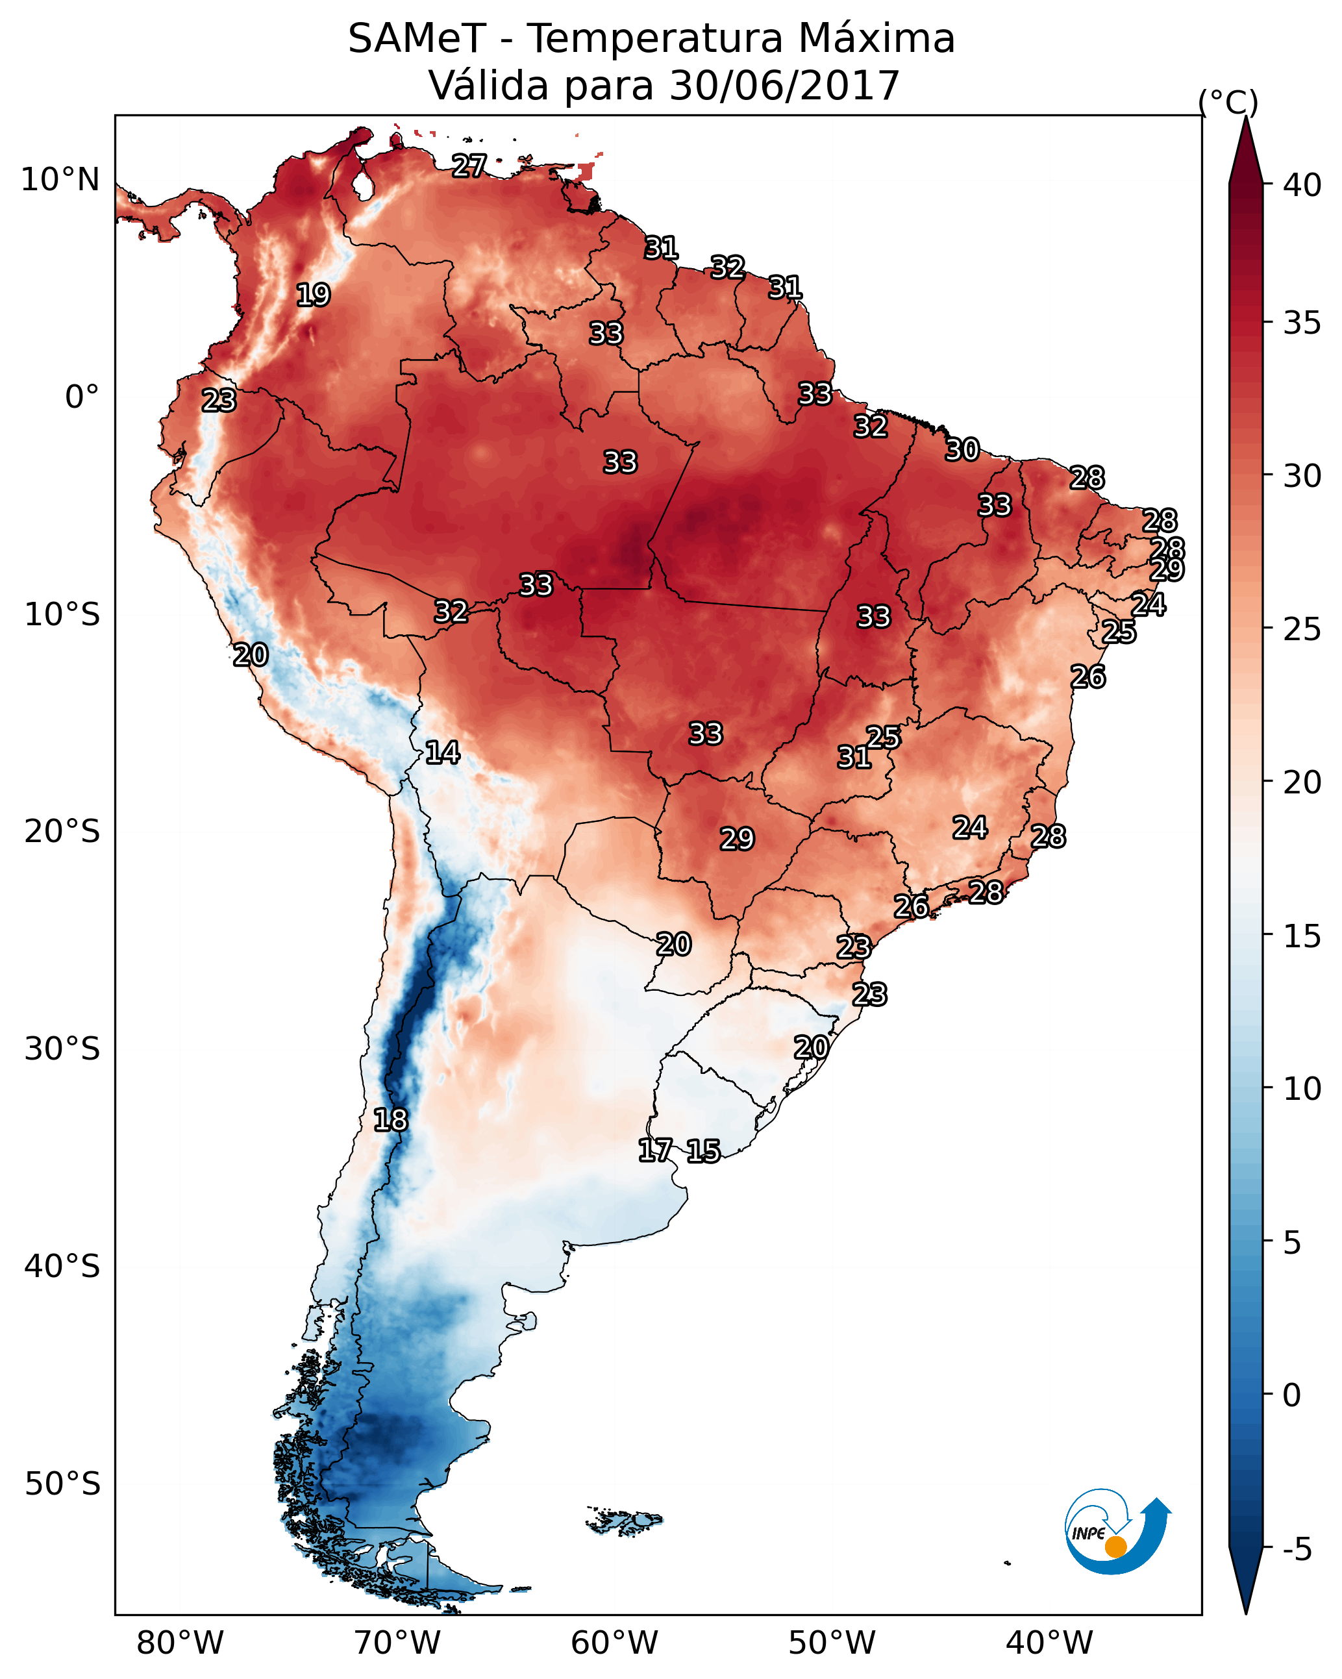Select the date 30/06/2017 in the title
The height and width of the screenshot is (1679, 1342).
[784, 86]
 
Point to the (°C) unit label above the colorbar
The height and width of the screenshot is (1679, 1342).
[1228, 102]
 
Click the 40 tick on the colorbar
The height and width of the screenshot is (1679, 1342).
[1302, 185]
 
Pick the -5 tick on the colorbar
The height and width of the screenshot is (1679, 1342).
[1296, 1550]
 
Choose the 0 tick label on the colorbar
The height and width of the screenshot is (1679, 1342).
[1291, 1395]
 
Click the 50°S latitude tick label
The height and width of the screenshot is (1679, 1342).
[62, 1484]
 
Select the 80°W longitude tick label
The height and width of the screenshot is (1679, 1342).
[180, 1643]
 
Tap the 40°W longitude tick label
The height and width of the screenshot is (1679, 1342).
[1049, 1643]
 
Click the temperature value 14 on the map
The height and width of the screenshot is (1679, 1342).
[442, 752]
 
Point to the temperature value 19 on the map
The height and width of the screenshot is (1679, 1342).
[313, 295]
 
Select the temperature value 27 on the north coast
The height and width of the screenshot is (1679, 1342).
[469, 166]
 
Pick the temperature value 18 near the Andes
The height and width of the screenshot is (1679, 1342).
[390, 1120]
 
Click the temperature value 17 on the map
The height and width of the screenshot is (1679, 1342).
[655, 1150]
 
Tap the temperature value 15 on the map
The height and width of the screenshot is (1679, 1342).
[703, 1151]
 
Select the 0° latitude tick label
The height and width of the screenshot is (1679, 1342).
[82, 397]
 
